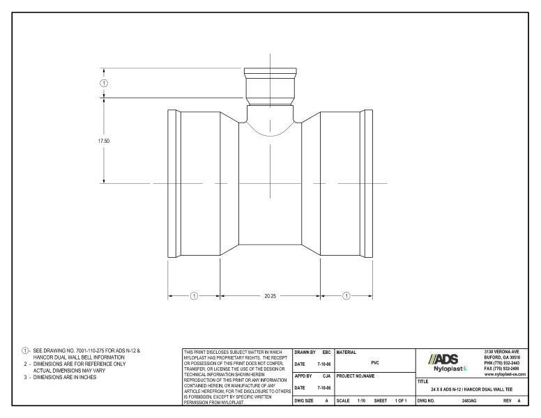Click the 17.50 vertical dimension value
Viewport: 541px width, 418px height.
(x=103, y=140)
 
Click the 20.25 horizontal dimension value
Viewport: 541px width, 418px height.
(x=270, y=295)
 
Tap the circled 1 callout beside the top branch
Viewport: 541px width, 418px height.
(x=105, y=82)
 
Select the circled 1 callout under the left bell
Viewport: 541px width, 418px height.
(x=194, y=295)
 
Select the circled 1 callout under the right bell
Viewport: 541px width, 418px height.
(x=347, y=295)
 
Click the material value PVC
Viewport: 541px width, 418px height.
(x=375, y=362)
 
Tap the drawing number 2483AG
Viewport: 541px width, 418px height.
(x=469, y=402)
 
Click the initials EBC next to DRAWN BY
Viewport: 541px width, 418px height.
(x=326, y=353)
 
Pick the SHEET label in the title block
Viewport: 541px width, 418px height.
(x=381, y=402)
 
